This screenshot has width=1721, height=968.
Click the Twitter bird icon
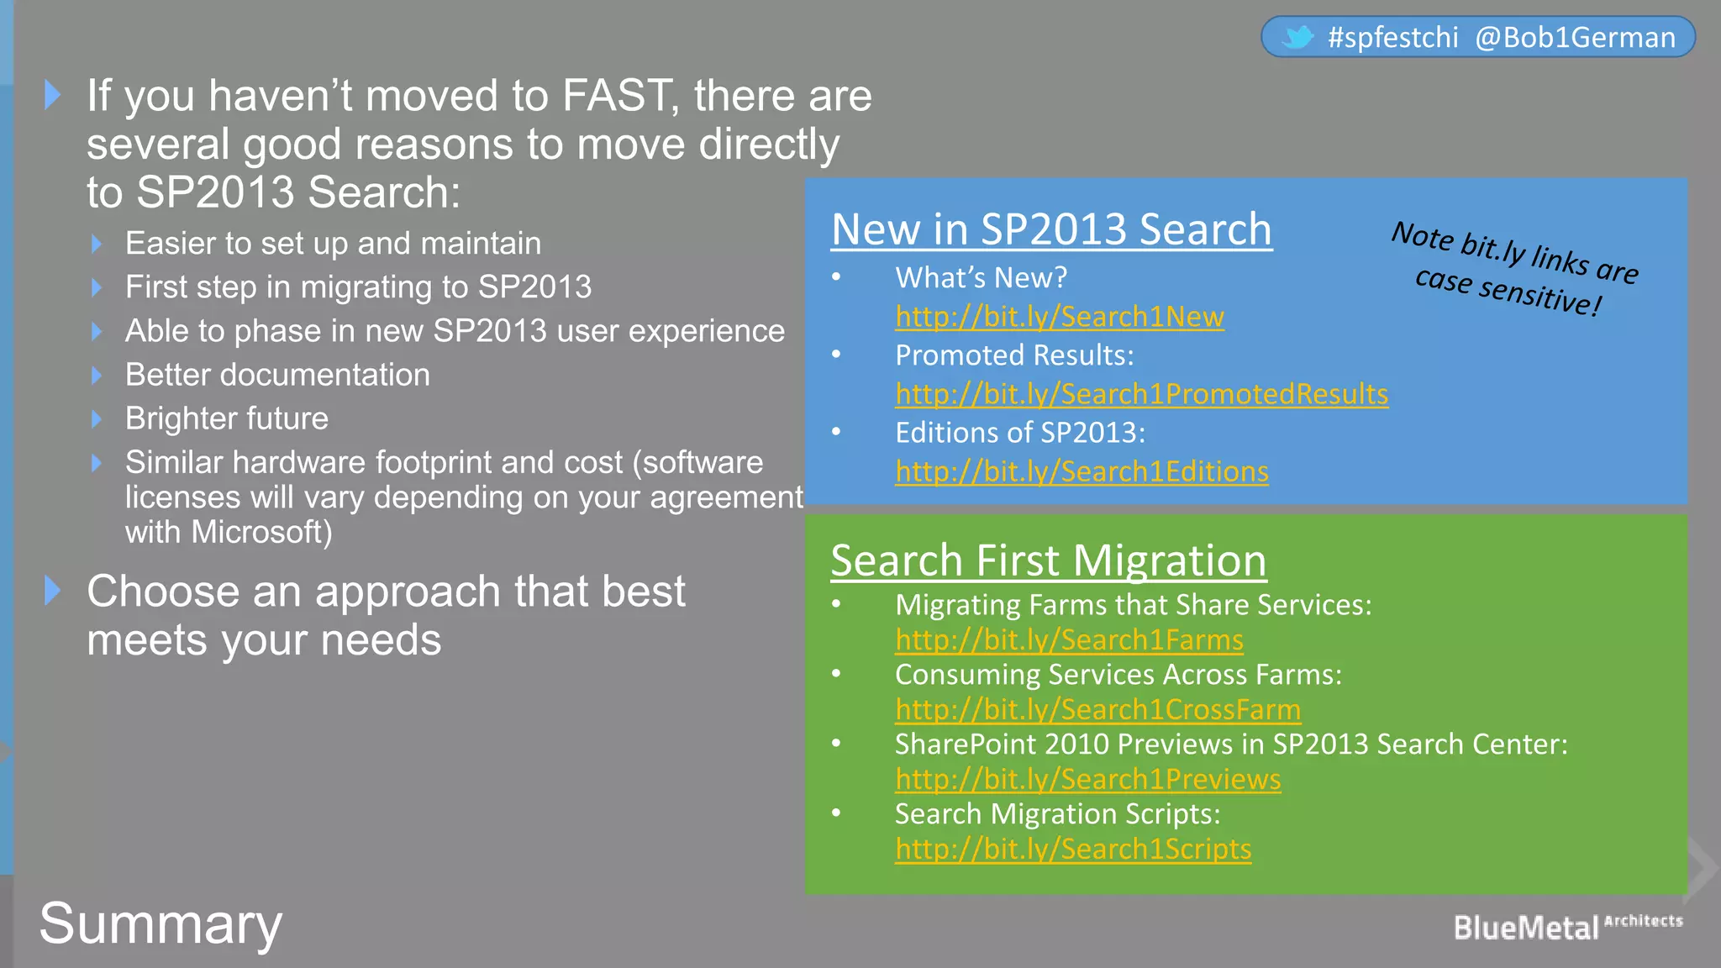pos(1297,37)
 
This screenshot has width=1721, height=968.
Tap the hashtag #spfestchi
pos(1392,38)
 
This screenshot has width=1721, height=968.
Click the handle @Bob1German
pos(1575,38)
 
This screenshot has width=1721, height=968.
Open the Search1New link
pos(1059,317)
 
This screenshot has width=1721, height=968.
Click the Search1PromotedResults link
pos(1141,394)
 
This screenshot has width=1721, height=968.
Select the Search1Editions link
pos(1082,471)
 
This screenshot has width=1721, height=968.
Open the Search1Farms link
pos(1069,640)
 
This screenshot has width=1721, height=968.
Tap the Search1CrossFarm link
pos(1097,710)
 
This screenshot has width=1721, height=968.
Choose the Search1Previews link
pos(1087,780)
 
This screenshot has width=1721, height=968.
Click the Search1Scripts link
pos(1073,850)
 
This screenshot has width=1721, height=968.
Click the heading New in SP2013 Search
pos(1051,229)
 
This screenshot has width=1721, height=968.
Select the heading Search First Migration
pos(1048,560)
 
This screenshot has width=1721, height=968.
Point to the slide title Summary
pos(161,923)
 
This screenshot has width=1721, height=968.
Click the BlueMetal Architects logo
pos(1566,927)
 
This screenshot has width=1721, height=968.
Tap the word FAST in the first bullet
pos(616,96)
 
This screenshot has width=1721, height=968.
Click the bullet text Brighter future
pos(227,418)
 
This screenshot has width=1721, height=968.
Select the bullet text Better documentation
pos(277,375)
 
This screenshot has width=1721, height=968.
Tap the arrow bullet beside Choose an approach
pos(53,591)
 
